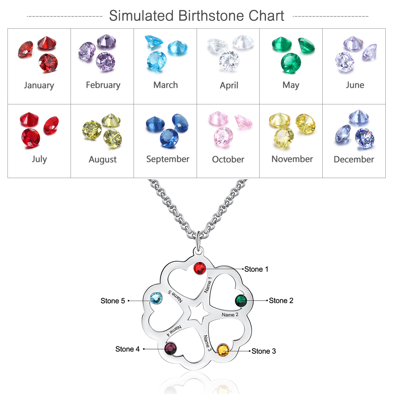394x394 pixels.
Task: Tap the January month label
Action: pos(39,85)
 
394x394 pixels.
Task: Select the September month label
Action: pos(167,159)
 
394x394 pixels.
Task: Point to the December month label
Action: pos(354,159)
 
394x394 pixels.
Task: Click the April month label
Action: pos(229,85)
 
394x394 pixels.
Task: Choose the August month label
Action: pos(102,160)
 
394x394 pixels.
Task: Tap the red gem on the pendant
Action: pos(199,268)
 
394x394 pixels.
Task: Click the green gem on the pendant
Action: pos(241,301)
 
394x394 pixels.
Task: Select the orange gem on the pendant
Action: pos(223,350)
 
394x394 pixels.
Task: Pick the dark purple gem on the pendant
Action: pos(171,349)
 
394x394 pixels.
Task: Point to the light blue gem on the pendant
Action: pos(156,298)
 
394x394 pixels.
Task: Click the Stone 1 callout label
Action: pos(256,269)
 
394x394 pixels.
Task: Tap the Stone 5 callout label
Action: pos(113,301)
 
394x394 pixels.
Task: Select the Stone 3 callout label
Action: pos(264,351)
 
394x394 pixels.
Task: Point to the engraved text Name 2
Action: pos(230,314)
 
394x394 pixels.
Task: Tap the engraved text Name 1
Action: pos(208,285)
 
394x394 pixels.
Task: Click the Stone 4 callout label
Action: pos(127,349)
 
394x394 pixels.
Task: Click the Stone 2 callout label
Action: pos(281,301)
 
